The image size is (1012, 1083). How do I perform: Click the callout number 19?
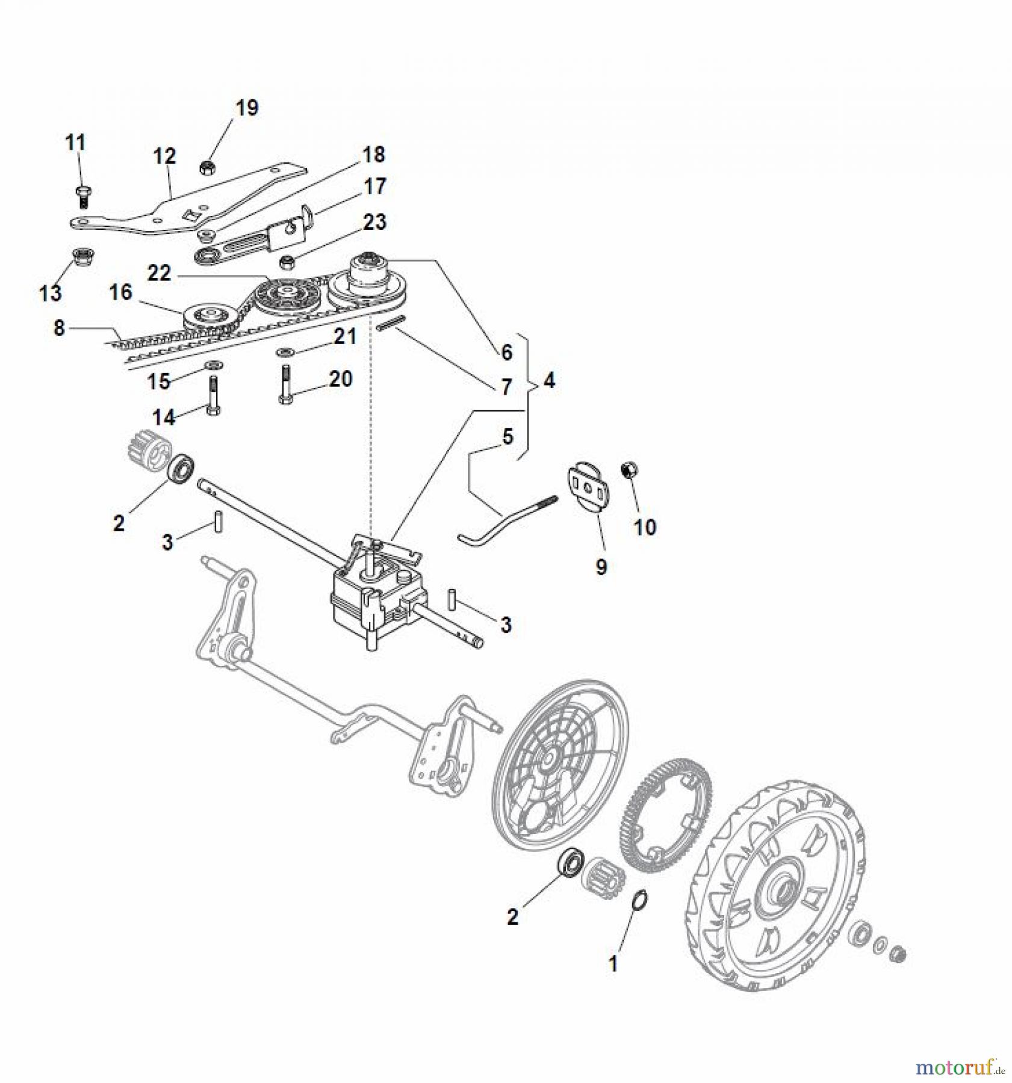(x=246, y=108)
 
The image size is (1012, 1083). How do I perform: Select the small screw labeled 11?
(x=83, y=196)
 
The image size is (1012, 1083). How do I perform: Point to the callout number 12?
(x=164, y=156)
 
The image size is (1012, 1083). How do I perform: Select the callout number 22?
(x=159, y=274)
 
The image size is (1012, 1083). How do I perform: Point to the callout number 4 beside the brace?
(x=549, y=380)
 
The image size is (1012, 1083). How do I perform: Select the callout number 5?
(x=508, y=437)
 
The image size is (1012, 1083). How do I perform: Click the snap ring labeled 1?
(x=640, y=904)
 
